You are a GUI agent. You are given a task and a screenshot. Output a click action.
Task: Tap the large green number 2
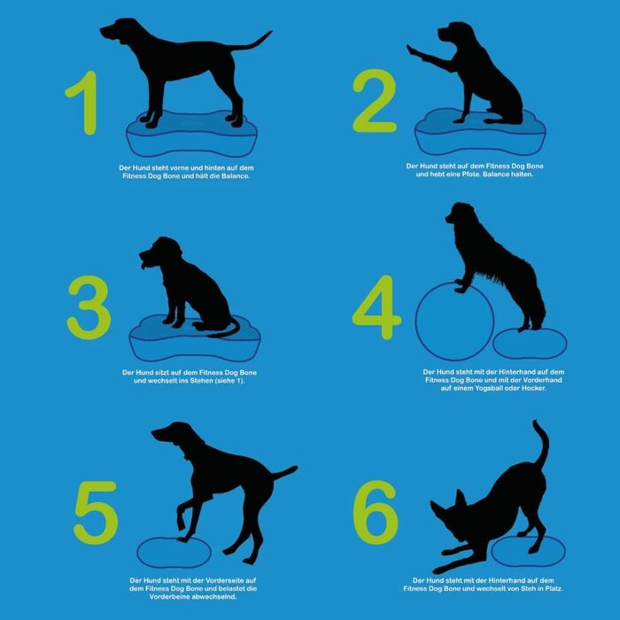(375, 101)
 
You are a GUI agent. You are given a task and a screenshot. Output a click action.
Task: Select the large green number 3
(89, 307)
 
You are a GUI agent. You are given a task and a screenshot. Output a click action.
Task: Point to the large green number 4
(376, 307)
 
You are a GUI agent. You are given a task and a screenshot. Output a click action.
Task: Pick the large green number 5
(96, 513)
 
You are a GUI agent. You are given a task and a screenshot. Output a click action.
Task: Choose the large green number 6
(375, 512)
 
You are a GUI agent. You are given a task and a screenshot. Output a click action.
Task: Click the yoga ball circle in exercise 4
(416, 321)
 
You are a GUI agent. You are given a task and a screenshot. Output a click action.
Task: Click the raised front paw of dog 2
(413, 50)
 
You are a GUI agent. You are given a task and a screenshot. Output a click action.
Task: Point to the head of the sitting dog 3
(160, 252)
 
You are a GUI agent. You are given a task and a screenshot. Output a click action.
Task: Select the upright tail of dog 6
(542, 443)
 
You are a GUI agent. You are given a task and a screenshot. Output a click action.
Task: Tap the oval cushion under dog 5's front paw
(174, 554)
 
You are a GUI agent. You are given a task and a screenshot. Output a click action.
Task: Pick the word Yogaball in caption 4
(492, 388)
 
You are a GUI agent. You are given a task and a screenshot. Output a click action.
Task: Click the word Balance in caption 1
(236, 176)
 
